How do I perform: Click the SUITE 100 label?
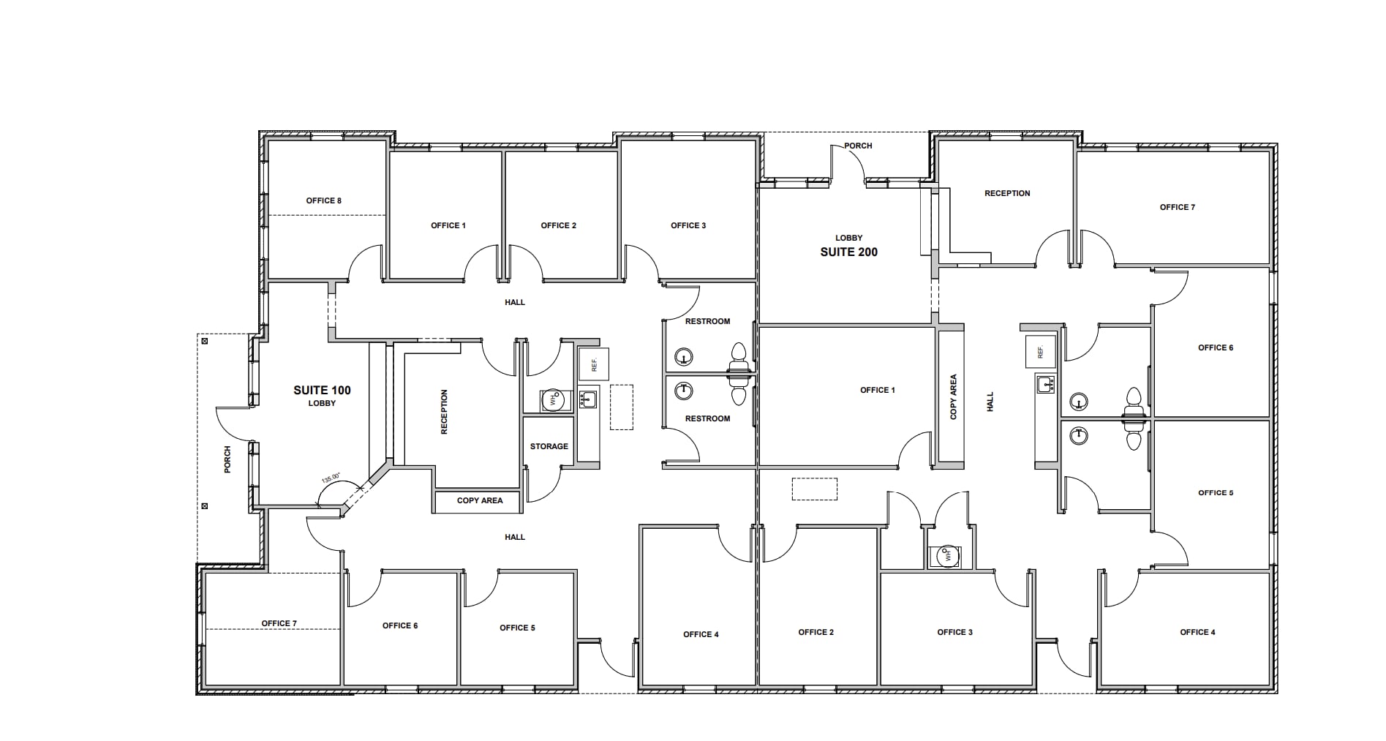tap(322, 390)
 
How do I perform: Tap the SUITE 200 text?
tap(848, 252)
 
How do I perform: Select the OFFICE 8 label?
tap(323, 200)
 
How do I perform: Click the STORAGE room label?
tap(549, 446)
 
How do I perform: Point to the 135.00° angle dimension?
tap(331, 478)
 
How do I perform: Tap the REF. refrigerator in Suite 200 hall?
tap(1040, 352)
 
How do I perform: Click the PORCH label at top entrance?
tap(858, 146)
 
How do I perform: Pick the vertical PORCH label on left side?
tap(227, 459)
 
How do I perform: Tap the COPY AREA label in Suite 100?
tap(479, 500)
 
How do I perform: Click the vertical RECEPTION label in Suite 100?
tap(444, 412)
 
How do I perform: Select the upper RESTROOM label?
tap(707, 321)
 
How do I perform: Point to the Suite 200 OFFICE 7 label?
tap(1177, 207)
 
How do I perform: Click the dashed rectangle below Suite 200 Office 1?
tap(814, 489)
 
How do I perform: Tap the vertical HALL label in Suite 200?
tap(990, 402)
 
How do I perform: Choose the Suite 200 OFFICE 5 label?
tap(1215, 493)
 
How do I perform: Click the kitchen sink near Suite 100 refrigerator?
tap(588, 399)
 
